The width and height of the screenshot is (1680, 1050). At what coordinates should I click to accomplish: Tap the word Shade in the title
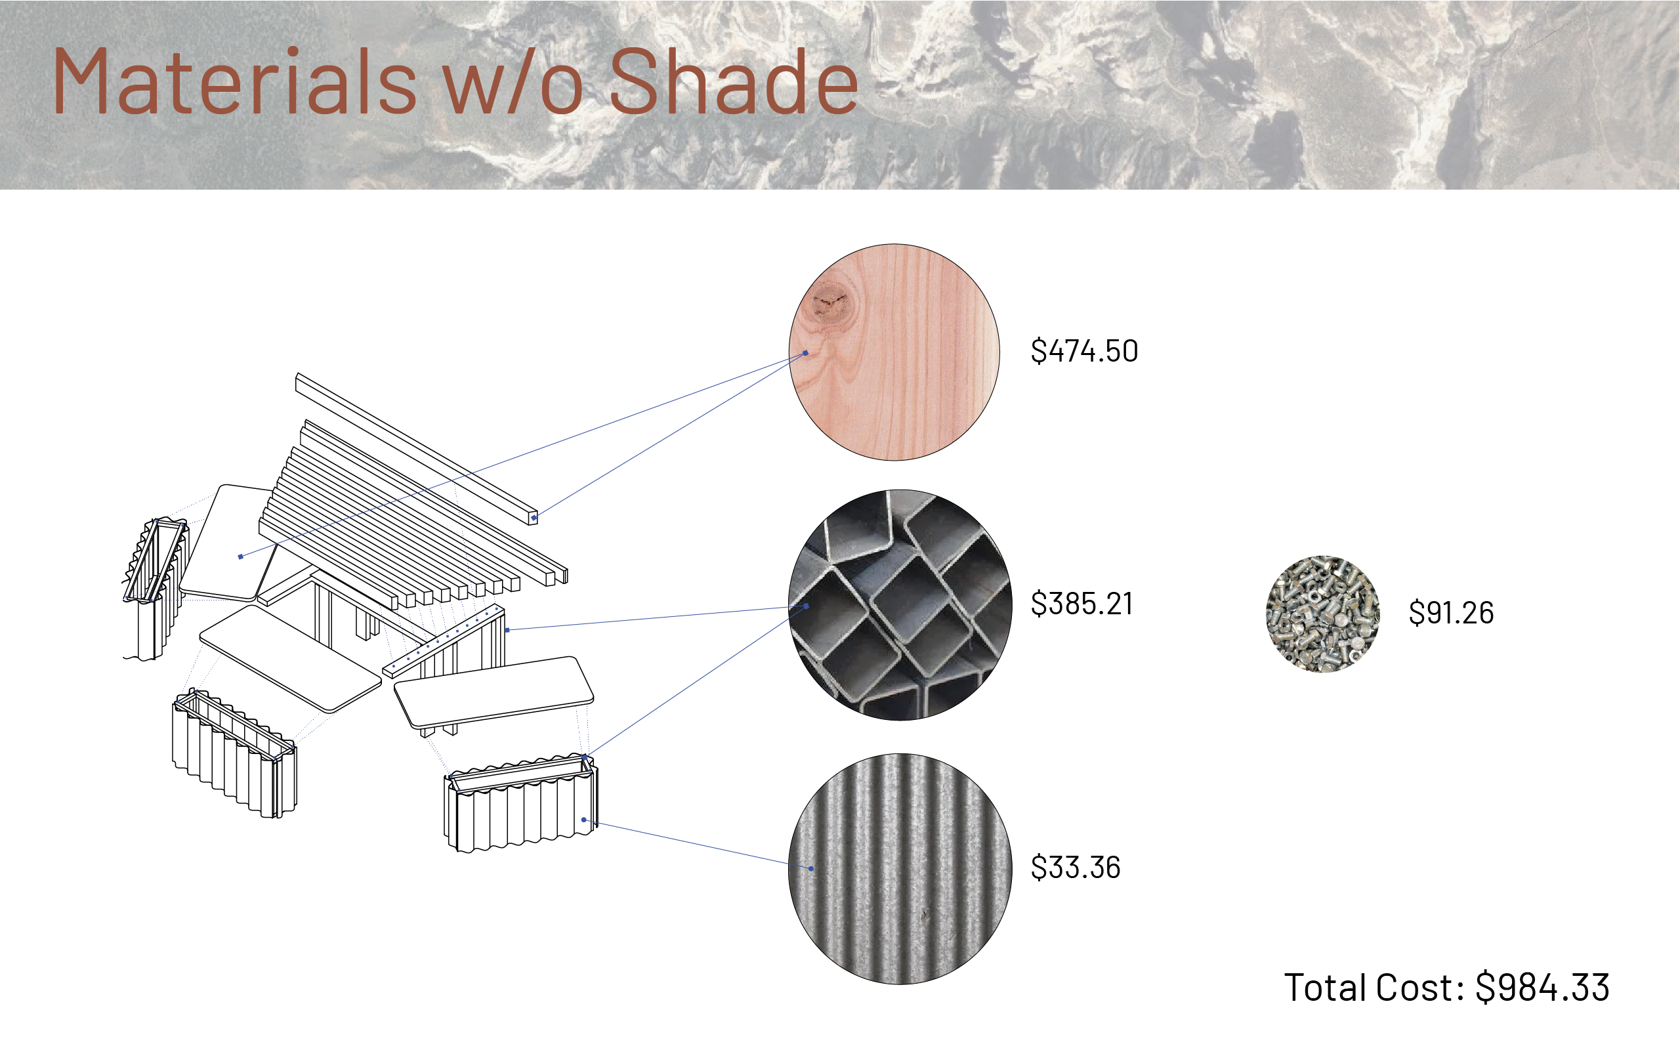tap(734, 81)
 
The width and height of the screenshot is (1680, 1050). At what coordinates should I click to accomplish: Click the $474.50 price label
tap(1084, 350)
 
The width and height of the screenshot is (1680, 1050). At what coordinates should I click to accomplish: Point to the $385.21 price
tap(1081, 603)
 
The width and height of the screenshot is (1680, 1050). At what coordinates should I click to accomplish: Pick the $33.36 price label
tap(1076, 867)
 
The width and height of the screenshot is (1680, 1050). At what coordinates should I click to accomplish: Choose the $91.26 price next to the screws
tap(1451, 612)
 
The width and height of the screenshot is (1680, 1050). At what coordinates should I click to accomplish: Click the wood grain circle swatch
tap(894, 352)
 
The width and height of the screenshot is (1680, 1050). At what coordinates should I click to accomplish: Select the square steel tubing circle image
tap(900, 605)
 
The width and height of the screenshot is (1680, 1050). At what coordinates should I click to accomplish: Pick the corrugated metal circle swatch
tap(900, 869)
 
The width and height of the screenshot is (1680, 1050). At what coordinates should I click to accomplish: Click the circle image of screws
tap(1322, 614)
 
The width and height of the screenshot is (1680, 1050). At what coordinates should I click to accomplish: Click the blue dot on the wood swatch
tap(806, 353)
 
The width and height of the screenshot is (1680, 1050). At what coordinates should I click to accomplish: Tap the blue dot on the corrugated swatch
tap(811, 868)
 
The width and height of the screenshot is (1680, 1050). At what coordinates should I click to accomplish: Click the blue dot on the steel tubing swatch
tap(807, 606)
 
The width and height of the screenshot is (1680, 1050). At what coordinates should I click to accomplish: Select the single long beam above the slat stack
tap(417, 449)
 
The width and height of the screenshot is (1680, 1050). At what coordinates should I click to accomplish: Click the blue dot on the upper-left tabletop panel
tap(241, 556)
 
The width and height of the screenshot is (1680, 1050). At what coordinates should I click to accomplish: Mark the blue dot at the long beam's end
tap(533, 517)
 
